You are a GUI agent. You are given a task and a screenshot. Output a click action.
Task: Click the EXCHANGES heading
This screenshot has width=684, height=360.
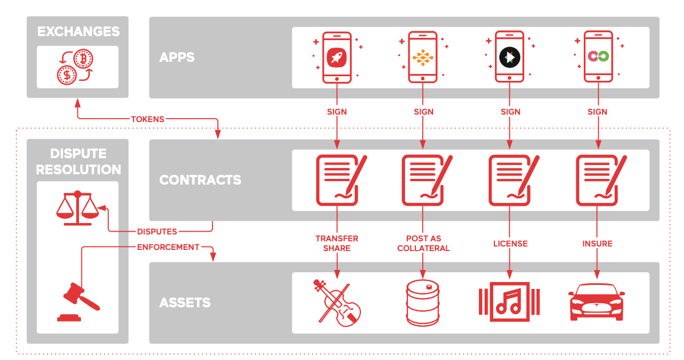[x=78, y=31]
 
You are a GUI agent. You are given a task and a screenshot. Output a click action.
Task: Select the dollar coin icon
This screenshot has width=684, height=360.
[x=67, y=75]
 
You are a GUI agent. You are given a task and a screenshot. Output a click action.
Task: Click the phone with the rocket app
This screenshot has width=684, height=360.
[x=336, y=57]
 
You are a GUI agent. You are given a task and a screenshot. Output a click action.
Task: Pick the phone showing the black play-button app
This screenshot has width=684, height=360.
[x=509, y=57]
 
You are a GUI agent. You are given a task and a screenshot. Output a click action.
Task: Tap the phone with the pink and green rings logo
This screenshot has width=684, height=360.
[x=597, y=57]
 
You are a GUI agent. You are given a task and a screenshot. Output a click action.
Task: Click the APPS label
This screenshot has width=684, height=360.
[x=177, y=57]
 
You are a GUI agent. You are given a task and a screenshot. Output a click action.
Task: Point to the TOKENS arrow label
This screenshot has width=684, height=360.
[x=148, y=119]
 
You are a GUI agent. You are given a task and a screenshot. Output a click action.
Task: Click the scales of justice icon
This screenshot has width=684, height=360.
[x=77, y=209]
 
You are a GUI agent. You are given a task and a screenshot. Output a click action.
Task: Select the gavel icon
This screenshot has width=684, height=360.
[x=78, y=300]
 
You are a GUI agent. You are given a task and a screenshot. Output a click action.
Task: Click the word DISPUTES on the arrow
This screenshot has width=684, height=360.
[x=157, y=232]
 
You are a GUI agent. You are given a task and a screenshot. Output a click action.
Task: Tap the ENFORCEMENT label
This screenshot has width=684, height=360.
[x=168, y=247]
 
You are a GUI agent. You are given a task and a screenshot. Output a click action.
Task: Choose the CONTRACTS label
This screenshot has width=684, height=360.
[x=200, y=180]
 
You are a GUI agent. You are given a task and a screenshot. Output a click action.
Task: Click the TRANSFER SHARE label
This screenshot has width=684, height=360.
[x=337, y=243]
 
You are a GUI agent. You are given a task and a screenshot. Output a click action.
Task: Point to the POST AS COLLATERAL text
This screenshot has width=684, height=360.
[x=423, y=243]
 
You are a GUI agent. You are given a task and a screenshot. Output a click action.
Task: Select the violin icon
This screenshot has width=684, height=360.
[x=337, y=302]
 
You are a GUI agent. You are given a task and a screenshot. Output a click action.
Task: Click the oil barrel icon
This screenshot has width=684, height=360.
[x=423, y=303]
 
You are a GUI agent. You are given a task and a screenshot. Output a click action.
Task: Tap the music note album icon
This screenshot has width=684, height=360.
[x=509, y=300]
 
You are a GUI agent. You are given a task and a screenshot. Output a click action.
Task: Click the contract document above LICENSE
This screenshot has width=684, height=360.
[x=510, y=180]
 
